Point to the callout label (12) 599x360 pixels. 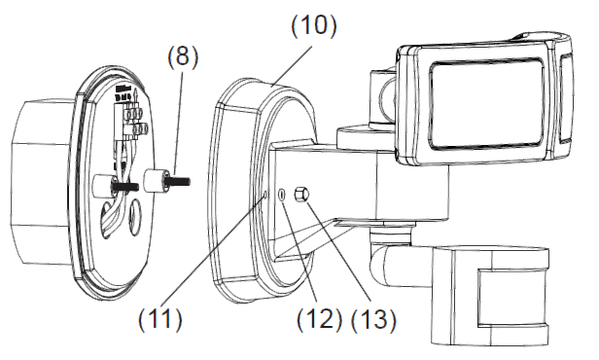316,316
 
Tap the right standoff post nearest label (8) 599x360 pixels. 155,182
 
